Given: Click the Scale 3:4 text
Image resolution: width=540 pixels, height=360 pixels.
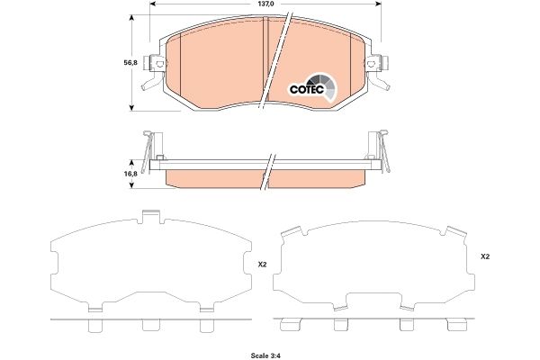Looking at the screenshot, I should click(270, 351).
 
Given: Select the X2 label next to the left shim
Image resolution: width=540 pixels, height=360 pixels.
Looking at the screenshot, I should click(262, 265).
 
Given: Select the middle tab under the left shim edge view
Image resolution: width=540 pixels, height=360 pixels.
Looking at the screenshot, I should click(149, 327).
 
